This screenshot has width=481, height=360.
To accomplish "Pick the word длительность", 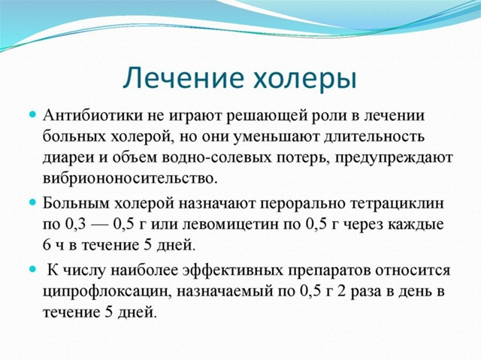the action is (x=375, y=137).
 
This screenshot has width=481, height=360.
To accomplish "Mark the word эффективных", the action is (x=232, y=270).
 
